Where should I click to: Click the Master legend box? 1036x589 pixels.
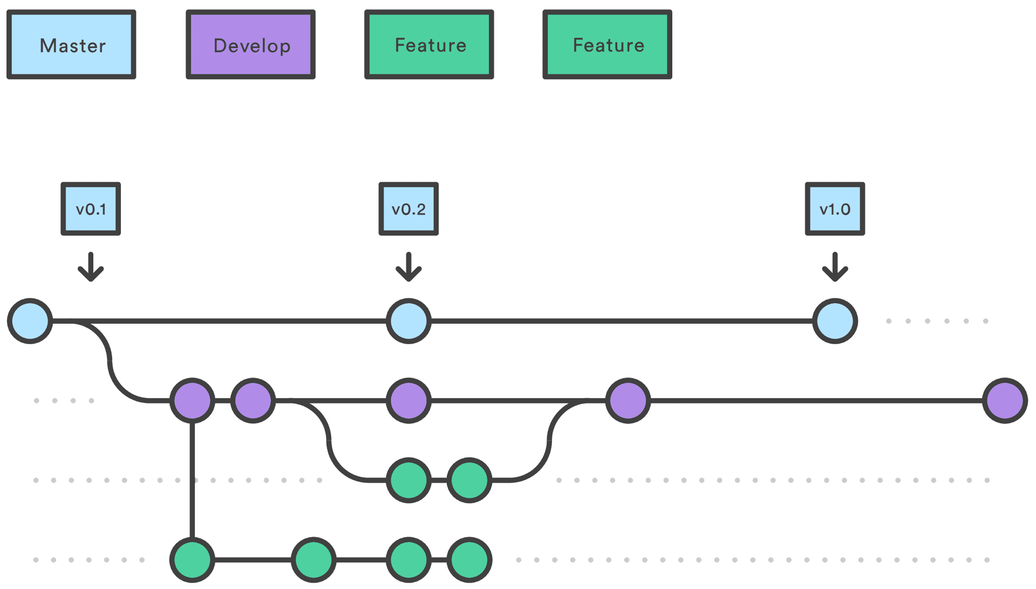point(71,45)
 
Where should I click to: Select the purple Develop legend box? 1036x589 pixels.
point(251,45)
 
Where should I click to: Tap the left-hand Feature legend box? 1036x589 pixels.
point(430,45)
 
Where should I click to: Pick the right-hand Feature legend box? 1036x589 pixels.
point(608,45)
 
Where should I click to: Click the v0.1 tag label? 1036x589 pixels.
point(91,209)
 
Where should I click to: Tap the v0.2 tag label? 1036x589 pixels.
point(408,209)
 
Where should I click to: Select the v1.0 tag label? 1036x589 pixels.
point(835,209)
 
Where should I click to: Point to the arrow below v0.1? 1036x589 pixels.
point(91,267)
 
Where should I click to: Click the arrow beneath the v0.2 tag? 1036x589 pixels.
point(408,267)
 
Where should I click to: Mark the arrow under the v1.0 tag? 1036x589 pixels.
point(835,267)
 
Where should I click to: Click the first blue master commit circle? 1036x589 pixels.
point(30,321)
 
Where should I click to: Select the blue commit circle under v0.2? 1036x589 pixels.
point(408,321)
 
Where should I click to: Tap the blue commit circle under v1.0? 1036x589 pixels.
point(835,321)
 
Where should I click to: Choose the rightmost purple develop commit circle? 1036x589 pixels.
point(1005,401)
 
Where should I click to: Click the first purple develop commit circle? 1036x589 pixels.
point(192,401)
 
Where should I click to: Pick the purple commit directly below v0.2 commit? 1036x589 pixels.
point(408,401)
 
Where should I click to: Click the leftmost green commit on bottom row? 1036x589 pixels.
point(192,560)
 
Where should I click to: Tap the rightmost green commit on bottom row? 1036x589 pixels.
point(469,560)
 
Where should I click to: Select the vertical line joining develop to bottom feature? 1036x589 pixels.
point(192,480)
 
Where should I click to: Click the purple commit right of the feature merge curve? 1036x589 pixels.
point(628,401)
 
